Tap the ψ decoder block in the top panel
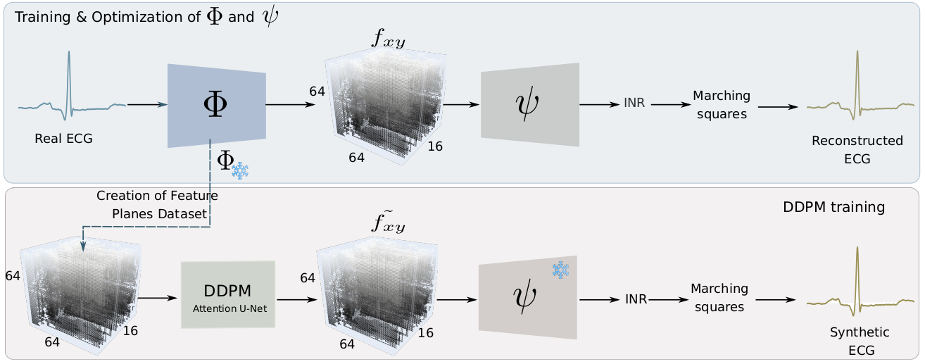[529, 104]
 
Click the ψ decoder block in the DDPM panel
[527, 296]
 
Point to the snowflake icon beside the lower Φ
[240, 170]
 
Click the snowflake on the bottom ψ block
[560, 270]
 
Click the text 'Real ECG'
[63, 139]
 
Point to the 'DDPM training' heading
[833, 208]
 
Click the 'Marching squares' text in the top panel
[722, 104]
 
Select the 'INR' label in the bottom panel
[636, 299]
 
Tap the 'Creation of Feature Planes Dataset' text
[157, 205]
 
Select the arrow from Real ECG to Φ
[146, 105]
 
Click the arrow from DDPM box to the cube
[294, 298]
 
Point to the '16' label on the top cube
[434, 146]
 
